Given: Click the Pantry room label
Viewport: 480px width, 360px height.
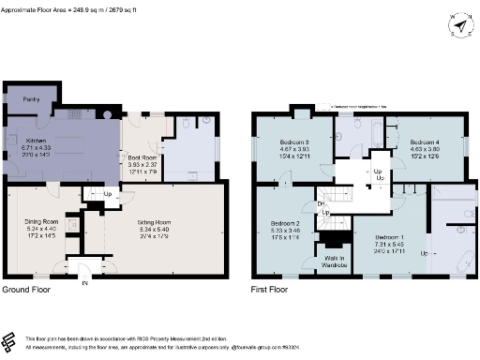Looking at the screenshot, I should (x=30, y=97).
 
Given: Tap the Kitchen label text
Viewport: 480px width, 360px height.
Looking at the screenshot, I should (x=22, y=138).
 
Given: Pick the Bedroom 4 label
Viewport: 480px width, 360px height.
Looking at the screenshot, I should (x=425, y=141).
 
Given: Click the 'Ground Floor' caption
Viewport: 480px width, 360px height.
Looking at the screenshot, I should (x=27, y=291).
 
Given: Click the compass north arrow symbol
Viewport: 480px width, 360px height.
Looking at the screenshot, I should (x=459, y=24).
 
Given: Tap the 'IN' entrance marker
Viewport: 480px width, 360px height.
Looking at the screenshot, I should (x=84, y=282).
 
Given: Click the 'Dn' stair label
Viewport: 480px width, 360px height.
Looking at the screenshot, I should (x=321, y=203).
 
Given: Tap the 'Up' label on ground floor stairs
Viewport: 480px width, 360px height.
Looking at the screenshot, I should (x=108, y=194).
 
